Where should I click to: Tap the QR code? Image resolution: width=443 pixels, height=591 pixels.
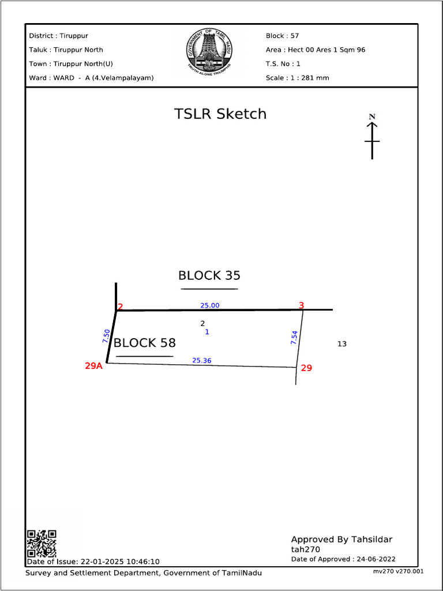tap(42, 543)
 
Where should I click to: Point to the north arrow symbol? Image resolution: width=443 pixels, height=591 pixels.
tap(372, 137)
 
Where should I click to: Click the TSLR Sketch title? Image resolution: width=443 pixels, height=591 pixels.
tap(220, 114)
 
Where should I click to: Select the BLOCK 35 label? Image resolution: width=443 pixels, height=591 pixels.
tap(209, 275)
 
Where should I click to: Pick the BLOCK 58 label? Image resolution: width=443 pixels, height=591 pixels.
tap(144, 343)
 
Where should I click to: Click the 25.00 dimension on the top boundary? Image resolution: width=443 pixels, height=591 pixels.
tap(210, 305)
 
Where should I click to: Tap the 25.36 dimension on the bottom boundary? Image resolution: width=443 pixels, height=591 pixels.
tap(201, 361)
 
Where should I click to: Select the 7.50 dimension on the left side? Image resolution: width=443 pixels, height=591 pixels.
tap(106, 336)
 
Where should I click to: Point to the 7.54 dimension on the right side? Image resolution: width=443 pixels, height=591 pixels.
tap(294, 338)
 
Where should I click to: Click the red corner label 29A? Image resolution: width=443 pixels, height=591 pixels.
tap(93, 365)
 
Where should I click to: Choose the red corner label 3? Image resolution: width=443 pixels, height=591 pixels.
tap(301, 305)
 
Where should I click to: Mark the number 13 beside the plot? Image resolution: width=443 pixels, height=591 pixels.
tap(342, 344)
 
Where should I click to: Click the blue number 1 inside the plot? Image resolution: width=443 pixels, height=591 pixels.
tap(207, 332)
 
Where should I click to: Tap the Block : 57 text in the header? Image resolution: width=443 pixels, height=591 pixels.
tap(282, 36)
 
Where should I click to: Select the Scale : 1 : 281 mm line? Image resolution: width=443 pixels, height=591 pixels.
tap(297, 77)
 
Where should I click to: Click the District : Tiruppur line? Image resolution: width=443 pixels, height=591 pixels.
tap(58, 36)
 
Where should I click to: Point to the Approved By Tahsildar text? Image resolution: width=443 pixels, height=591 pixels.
tap(341, 540)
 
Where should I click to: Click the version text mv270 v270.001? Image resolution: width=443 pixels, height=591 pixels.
tap(398, 571)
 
